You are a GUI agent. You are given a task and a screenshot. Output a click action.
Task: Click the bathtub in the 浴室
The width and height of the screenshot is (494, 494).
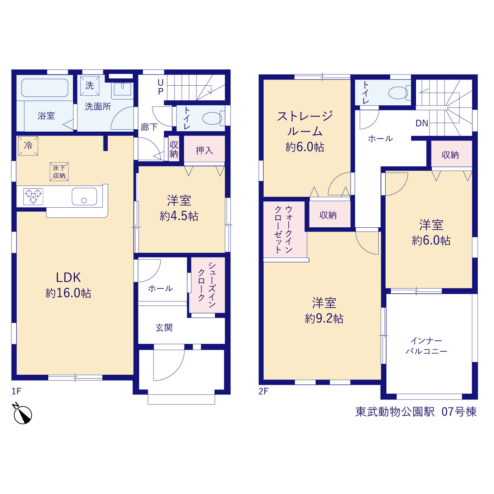(45, 88)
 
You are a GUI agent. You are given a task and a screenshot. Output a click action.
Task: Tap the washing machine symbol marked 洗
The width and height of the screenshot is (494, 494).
(90, 86)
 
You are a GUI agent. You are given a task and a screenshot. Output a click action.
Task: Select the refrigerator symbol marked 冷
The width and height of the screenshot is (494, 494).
(28, 146)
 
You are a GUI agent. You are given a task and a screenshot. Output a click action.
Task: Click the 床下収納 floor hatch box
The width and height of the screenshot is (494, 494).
(59, 172)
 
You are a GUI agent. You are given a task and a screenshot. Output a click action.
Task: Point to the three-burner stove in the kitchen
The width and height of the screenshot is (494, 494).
(33, 196)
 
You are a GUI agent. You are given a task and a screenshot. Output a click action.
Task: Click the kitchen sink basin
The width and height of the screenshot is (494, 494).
(85, 196)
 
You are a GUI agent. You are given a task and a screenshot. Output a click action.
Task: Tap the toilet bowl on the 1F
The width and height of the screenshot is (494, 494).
(213, 118)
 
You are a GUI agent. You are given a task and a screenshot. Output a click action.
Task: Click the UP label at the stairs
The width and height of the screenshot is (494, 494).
(161, 87)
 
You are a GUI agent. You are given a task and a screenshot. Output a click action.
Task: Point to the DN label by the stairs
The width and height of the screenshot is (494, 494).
(422, 123)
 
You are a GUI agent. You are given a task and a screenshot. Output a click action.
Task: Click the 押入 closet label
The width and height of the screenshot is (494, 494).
(204, 151)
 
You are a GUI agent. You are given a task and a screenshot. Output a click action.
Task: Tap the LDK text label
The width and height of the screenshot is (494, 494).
(68, 277)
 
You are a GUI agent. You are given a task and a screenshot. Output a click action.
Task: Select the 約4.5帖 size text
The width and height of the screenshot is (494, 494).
(179, 216)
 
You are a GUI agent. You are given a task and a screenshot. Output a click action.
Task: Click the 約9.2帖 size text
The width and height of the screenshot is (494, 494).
(324, 319)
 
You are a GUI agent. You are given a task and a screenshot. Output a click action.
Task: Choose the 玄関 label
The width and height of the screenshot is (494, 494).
(164, 328)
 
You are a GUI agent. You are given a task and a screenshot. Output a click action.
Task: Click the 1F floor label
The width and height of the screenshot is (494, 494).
(16, 391)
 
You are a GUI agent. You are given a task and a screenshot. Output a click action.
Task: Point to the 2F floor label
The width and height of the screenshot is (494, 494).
(263, 391)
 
